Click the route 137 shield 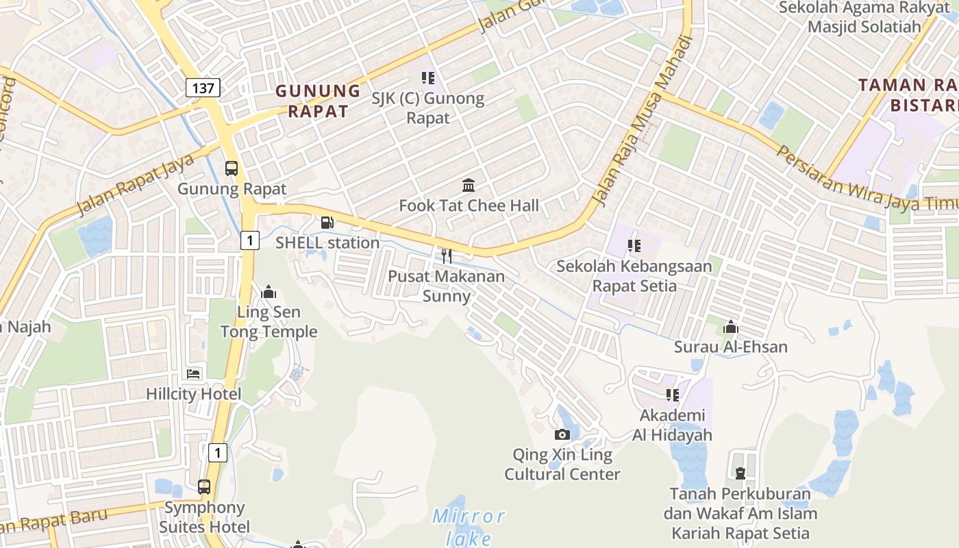pyautogui.click(x=203, y=88)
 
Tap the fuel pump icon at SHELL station pyautogui.click(x=327, y=222)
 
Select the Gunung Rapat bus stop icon pyautogui.click(x=232, y=169)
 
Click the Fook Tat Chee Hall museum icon pyautogui.click(x=469, y=185)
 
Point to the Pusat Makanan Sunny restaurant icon pyautogui.click(x=446, y=256)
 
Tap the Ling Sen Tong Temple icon pyautogui.click(x=269, y=292)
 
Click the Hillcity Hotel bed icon pyautogui.click(x=194, y=374)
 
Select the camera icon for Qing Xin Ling pyautogui.click(x=562, y=434)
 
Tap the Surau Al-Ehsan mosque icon pyautogui.click(x=731, y=327)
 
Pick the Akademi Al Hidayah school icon pyautogui.click(x=672, y=395)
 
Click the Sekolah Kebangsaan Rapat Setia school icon pyautogui.click(x=634, y=245)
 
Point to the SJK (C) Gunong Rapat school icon pyautogui.click(x=428, y=78)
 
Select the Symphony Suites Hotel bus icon pyautogui.click(x=204, y=487)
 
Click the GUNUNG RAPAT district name pyautogui.click(x=318, y=101)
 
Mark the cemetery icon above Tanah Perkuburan pyautogui.click(x=740, y=473)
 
